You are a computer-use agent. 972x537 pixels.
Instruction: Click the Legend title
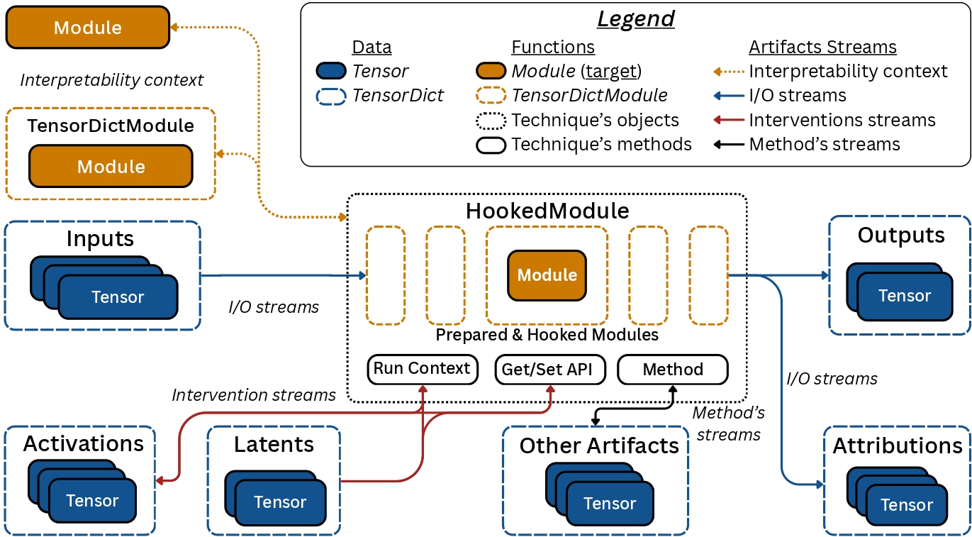(635, 18)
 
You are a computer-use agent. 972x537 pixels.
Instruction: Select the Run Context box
(422, 369)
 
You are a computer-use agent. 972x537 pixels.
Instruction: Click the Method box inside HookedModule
(673, 370)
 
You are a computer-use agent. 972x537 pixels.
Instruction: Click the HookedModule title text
(547, 211)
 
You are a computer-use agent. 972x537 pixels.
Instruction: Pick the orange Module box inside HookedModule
(547, 275)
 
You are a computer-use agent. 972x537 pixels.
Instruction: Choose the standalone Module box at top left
(88, 28)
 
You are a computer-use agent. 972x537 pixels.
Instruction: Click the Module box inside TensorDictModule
(111, 166)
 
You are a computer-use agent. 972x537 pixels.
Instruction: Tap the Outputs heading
(900, 235)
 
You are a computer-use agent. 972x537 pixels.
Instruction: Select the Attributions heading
(898, 445)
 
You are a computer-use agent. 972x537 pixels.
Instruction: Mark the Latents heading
(274, 445)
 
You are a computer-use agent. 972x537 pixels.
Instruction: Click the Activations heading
(84, 444)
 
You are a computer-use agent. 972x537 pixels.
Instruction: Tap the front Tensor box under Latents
(280, 502)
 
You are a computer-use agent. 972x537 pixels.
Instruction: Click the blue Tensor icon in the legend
(331, 71)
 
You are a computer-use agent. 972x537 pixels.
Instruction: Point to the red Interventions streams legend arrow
(727, 120)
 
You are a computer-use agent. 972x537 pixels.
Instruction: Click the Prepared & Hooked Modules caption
(547, 335)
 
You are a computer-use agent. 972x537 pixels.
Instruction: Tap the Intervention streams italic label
(254, 395)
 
